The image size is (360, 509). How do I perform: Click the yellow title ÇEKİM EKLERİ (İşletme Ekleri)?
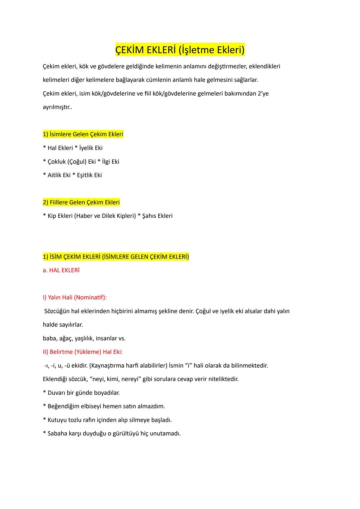180,50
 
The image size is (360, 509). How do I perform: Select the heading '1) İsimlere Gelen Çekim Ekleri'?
83,134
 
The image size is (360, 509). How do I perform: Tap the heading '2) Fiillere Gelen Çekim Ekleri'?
81,202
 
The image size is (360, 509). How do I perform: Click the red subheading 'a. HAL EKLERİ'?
61,270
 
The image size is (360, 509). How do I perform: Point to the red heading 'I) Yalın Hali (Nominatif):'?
75,297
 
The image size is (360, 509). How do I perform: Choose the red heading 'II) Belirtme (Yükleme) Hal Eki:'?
83,352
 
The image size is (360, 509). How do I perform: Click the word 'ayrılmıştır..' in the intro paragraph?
57,107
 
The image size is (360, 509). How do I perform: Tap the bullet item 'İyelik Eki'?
91,148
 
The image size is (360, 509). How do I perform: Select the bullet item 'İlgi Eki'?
110,162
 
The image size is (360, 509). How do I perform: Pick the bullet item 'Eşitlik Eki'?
89,175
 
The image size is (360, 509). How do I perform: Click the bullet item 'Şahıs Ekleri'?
157,216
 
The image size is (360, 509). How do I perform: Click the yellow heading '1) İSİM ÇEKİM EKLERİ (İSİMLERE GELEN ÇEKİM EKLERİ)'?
116,257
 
